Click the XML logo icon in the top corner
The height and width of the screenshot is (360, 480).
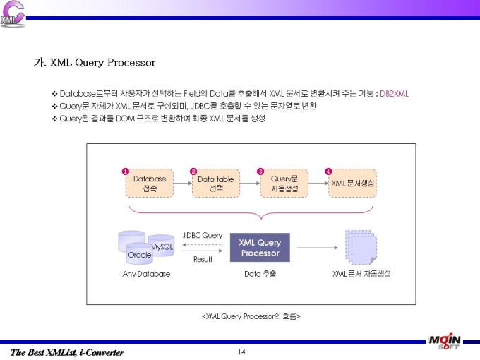13,14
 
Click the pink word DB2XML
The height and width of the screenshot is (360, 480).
394,94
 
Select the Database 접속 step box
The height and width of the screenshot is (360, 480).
150,183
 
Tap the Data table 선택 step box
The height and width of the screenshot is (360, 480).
216,183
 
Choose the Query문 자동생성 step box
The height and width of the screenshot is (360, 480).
284,183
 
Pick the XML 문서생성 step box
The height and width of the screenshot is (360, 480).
352,183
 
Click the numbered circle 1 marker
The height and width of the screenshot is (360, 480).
125,172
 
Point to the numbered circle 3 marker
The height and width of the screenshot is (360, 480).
260,172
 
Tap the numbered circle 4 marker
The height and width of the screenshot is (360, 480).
328,172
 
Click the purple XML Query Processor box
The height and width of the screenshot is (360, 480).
260,247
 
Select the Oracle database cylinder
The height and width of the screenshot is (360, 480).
139,253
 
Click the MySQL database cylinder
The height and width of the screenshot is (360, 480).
162,245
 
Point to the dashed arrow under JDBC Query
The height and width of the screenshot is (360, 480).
203,245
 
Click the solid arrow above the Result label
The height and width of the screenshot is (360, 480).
203,251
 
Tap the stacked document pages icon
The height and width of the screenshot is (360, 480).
361,247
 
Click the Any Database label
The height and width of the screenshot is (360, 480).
146,274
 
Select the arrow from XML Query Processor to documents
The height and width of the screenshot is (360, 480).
318,248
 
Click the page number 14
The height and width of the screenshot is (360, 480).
241,352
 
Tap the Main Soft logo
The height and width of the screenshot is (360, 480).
445,342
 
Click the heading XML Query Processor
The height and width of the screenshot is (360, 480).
103,62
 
